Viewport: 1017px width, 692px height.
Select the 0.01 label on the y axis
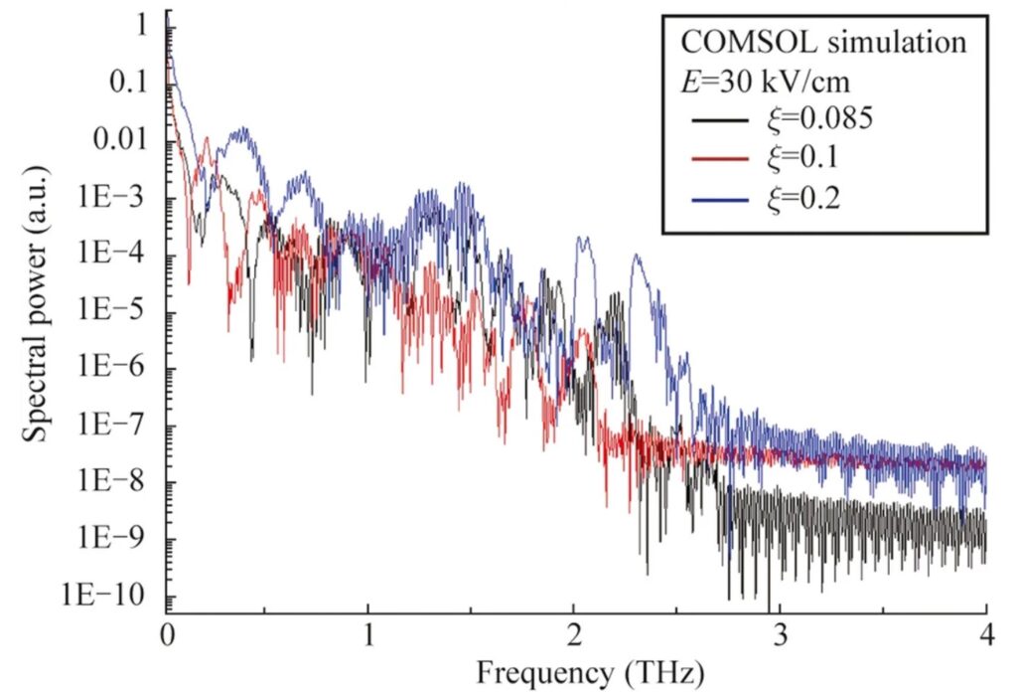(119, 141)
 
